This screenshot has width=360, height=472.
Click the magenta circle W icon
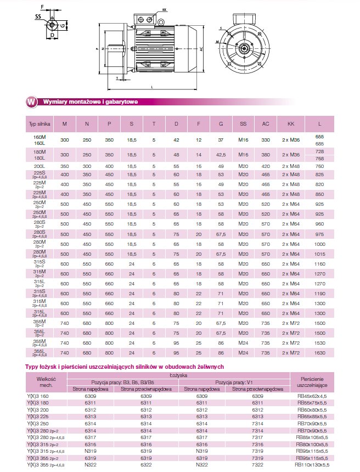pos(32,102)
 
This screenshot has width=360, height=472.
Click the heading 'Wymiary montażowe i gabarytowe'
pos(90,102)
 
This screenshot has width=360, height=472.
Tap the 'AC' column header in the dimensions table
pos(266,125)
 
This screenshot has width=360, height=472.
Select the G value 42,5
pos(221,155)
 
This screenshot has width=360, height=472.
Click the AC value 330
pos(266,140)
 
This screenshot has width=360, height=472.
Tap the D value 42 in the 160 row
pos(176,140)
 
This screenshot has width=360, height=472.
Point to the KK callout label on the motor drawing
pos(165,10)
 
